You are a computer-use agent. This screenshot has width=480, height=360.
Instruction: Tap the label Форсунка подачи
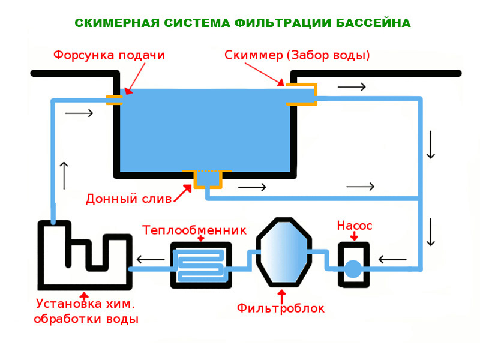[x=109, y=55]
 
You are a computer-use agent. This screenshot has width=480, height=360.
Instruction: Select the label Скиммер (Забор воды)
[x=297, y=55]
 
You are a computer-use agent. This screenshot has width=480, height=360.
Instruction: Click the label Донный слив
[x=128, y=198]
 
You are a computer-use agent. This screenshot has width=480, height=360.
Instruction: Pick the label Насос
[x=355, y=226]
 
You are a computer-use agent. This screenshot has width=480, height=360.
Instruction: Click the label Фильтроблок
[x=281, y=309]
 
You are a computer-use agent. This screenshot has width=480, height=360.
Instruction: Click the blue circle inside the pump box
[x=353, y=268]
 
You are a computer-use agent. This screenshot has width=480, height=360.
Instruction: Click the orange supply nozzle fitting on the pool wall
[x=115, y=99]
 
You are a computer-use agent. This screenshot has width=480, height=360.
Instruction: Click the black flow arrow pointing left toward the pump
[x=392, y=260]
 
